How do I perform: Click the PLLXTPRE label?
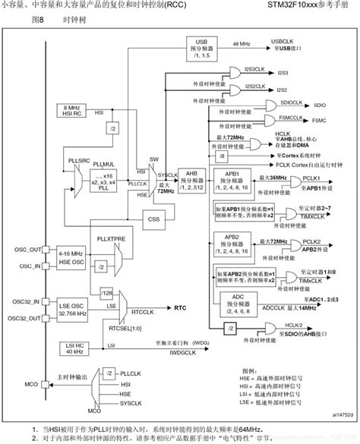[x=111, y=238]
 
